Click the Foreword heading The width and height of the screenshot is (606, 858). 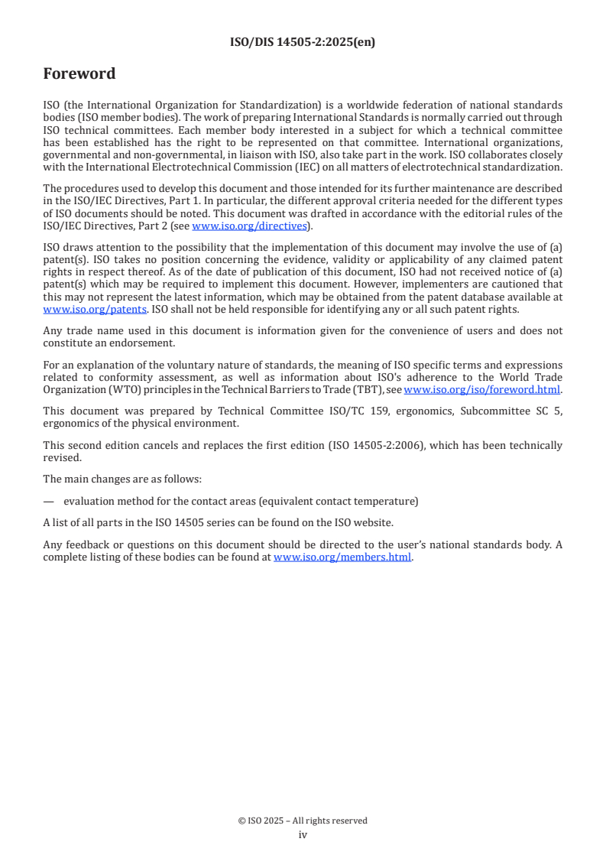coord(79,74)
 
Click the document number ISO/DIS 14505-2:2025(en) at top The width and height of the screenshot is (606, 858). coord(303,43)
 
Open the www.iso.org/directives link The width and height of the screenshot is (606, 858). coord(249,226)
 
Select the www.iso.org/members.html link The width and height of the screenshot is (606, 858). coord(342,557)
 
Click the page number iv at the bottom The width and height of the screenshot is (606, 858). coord(303,834)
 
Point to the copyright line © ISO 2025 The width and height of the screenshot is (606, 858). coord(303,821)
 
